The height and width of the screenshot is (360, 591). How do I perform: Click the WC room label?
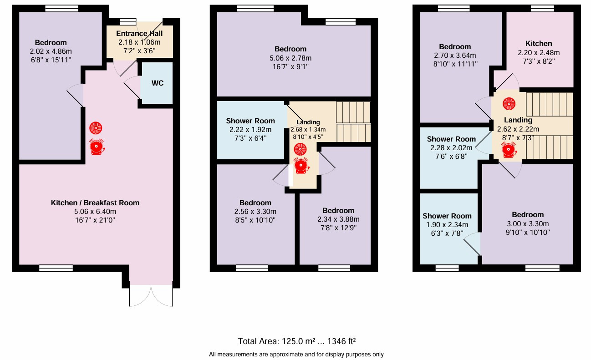tap(158, 83)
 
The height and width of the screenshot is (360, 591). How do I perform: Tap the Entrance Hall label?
tap(139, 34)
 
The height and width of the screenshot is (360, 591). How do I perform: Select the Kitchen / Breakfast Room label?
tap(95, 203)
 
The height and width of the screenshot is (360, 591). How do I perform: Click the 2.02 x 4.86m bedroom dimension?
tap(51, 51)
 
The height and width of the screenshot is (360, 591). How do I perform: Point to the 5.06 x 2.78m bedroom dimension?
tap(290, 58)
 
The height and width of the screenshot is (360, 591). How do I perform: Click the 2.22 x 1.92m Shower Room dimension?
tap(250, 130)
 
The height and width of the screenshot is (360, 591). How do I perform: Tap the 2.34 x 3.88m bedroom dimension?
tap(338, 219)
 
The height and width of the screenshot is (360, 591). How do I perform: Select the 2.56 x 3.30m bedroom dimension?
tap(255, 212)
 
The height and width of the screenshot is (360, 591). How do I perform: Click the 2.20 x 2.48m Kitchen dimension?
tap(539, 52)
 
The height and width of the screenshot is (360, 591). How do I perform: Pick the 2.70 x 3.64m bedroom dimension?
tap(455, 56)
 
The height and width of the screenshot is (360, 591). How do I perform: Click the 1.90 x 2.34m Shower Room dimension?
tap(447, 225)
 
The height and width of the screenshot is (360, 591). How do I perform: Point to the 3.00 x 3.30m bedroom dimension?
tap(528, 223)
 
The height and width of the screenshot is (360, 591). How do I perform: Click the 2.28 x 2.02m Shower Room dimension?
tap(451, 148)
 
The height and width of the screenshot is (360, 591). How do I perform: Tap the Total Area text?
tap(297, 341)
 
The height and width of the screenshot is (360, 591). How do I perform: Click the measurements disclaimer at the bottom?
tap(296, 355)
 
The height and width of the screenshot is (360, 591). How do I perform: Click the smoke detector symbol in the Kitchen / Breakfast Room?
tap(96, 128)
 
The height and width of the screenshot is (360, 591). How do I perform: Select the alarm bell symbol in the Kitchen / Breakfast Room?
tap(97, 147)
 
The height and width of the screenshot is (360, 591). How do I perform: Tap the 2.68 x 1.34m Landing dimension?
tap(308, 130)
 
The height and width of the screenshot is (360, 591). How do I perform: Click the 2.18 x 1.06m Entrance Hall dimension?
tap(139, 42)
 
